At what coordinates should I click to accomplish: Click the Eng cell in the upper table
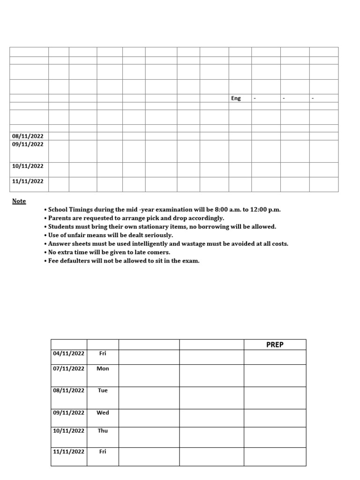[x=236, y=98]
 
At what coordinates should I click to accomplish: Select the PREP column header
[x=275, y=345]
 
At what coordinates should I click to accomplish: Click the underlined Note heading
[x=19, y=201]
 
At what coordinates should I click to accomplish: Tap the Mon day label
[x=103, y=368]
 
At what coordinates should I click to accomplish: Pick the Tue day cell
[x=103, y=390]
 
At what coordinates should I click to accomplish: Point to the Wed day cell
[x=103, y=412]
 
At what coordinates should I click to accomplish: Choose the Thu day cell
[x=103, y=430]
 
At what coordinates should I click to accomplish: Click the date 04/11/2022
[x=68, y=353]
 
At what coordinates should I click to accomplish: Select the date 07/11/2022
[x=68, y=368]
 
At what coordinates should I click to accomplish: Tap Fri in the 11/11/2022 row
[x=103, y=451]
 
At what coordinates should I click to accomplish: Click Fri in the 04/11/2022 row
[x=103, y=353]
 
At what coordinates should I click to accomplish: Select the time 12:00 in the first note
[x=262, y=210]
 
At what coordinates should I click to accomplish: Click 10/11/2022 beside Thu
[x=68, y=430]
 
